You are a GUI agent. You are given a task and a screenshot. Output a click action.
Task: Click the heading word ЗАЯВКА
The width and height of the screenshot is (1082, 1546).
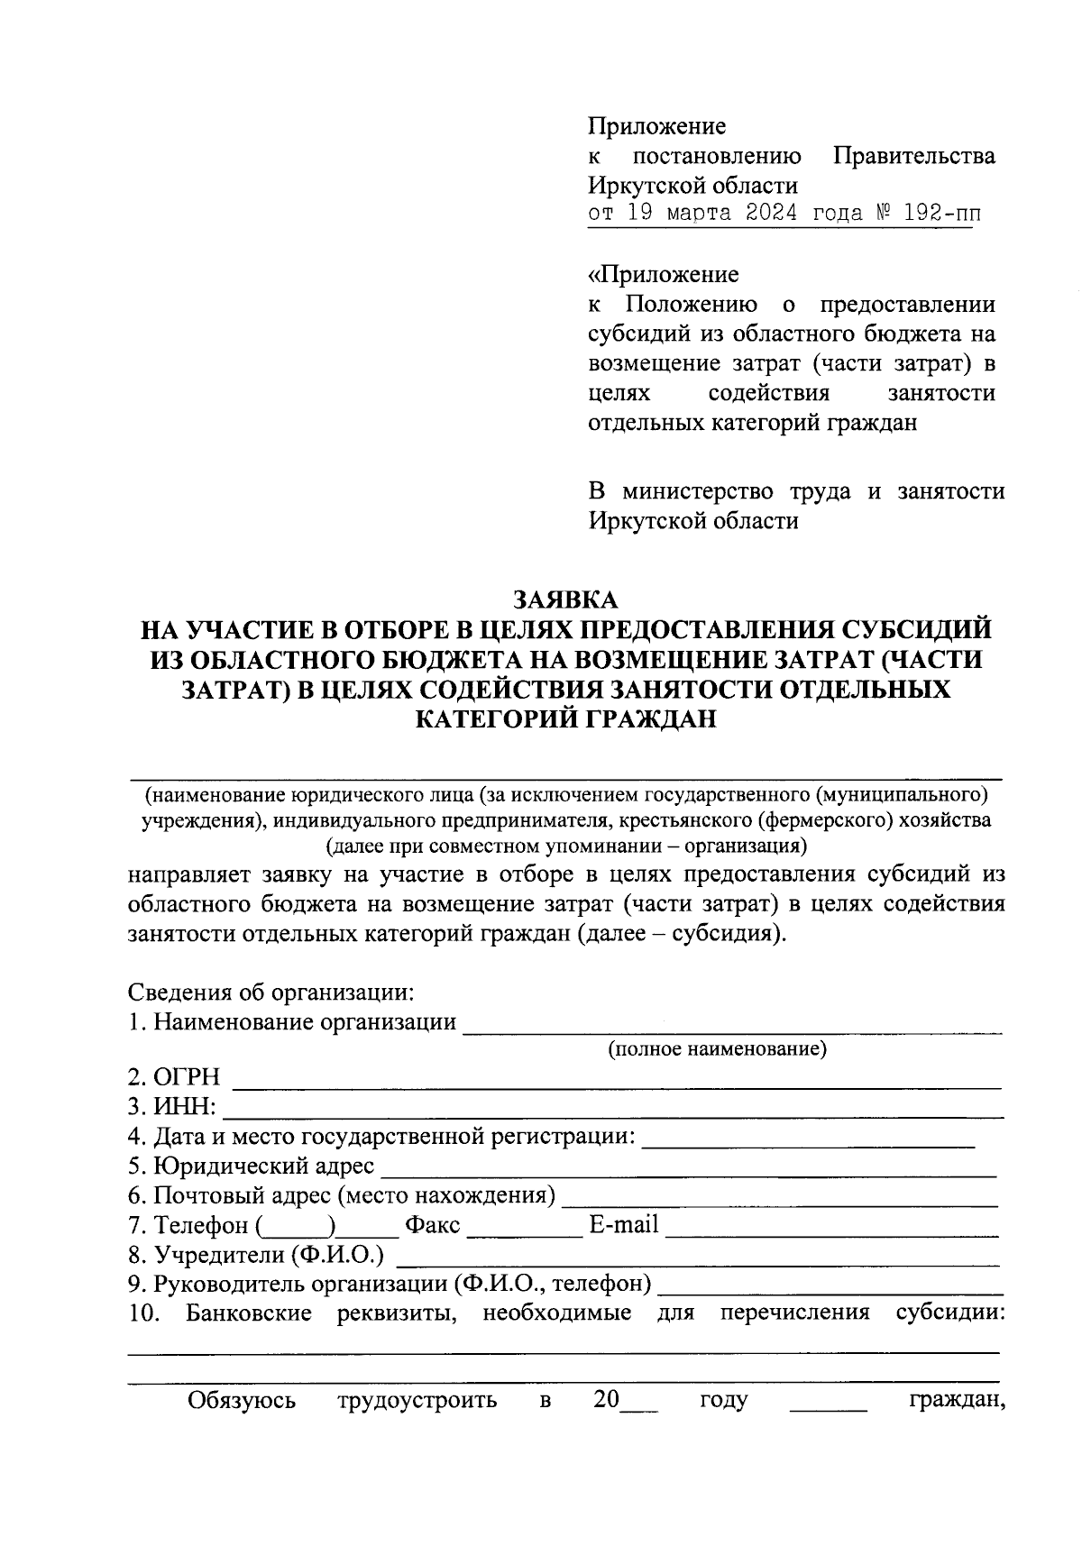[565, 599]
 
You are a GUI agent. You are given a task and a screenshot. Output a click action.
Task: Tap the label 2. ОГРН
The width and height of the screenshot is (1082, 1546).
[174, 1077]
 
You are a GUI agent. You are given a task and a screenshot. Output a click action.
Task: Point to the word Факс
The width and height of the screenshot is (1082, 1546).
[432, 1225]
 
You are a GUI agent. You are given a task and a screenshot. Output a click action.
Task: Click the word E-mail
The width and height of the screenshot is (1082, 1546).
[623, 1225]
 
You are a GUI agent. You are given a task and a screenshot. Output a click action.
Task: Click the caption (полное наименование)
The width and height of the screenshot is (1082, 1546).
[718, 1048]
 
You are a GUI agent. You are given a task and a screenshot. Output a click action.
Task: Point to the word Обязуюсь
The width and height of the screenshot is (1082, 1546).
[241, 1400]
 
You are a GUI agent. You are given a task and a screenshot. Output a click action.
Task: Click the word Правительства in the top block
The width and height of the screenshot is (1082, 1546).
[913, 156]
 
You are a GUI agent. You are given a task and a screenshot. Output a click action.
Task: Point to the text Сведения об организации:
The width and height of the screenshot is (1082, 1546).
[270, 993]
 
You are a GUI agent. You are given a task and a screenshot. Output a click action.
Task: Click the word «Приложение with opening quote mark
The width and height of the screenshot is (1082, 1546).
[663, 274]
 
